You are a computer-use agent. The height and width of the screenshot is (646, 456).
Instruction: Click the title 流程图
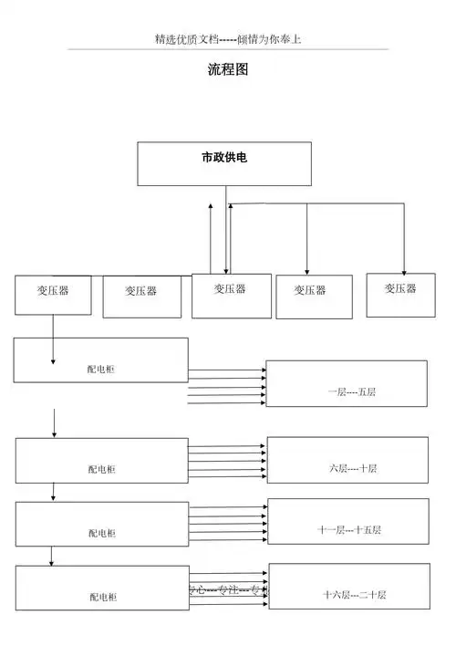pyautogui.click(x=228, y=69)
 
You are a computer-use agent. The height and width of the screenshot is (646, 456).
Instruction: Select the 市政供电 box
pyautogui.click(x=224, y=163)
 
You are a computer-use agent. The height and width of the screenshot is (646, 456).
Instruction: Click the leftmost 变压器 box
pyautogui.click(x=53, y=294)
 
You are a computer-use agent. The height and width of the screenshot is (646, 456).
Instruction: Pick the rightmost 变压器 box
pyautogui.click(x=400, y=295)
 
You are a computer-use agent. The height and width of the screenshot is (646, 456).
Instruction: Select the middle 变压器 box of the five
pyautogui.click(x=231, y=296)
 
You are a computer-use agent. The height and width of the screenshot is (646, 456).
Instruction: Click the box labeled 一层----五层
pyautogui.click(x=346, y=383)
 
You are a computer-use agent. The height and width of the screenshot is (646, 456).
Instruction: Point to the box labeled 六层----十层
pyautogui.click(x=347, y=460)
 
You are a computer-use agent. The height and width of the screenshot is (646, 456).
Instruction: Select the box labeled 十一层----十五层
pyautogui.click(x=347, y=521)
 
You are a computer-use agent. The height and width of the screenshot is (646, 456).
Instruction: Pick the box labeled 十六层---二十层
pyautogui.click(x=348, y=586)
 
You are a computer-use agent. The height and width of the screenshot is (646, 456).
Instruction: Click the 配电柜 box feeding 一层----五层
pyautogui.click(x=100, y=360)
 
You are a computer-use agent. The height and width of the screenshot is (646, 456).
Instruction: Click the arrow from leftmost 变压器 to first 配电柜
pyautogui.click(x=54, y=338)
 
